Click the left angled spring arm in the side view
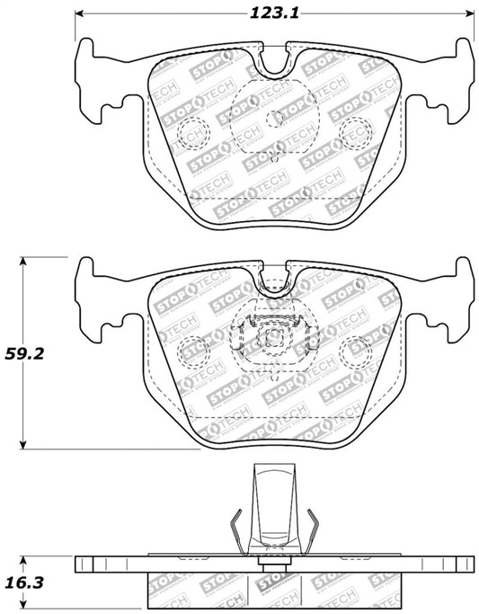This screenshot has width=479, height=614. coord(235,530)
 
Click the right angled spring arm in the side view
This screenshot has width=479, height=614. coord(313,530)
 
